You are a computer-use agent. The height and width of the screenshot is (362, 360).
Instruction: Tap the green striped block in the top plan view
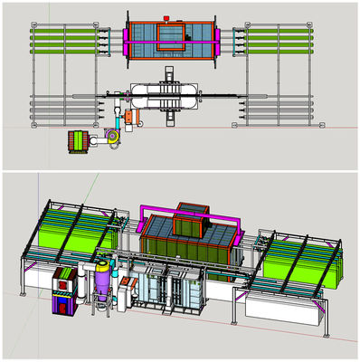(x=79, y=142)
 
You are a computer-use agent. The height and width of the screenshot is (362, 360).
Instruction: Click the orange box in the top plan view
(x=134, y=117)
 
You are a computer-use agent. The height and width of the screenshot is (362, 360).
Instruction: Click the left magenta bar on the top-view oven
(x=125, y=38)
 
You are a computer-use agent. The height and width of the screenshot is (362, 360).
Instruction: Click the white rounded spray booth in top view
(x=168, y=95)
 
